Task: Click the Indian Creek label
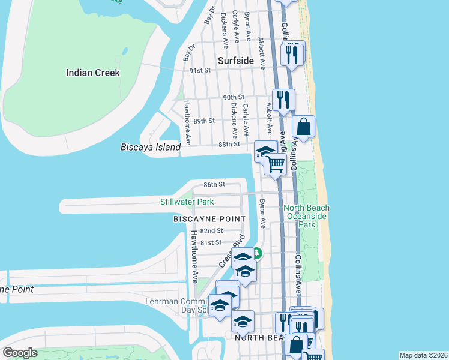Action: [92, 73]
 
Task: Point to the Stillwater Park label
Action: [187, 202]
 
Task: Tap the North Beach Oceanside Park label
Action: [307, 216]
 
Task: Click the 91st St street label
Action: [200, 70]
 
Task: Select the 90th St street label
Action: [234, 97]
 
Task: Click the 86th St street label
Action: [213, 184]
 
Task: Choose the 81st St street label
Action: [211, 242]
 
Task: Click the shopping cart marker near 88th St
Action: [275, 164]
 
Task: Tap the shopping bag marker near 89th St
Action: [304, 127]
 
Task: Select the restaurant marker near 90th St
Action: [283, 99]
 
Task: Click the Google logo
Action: [20, 353]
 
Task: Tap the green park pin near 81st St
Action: [257, 253]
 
